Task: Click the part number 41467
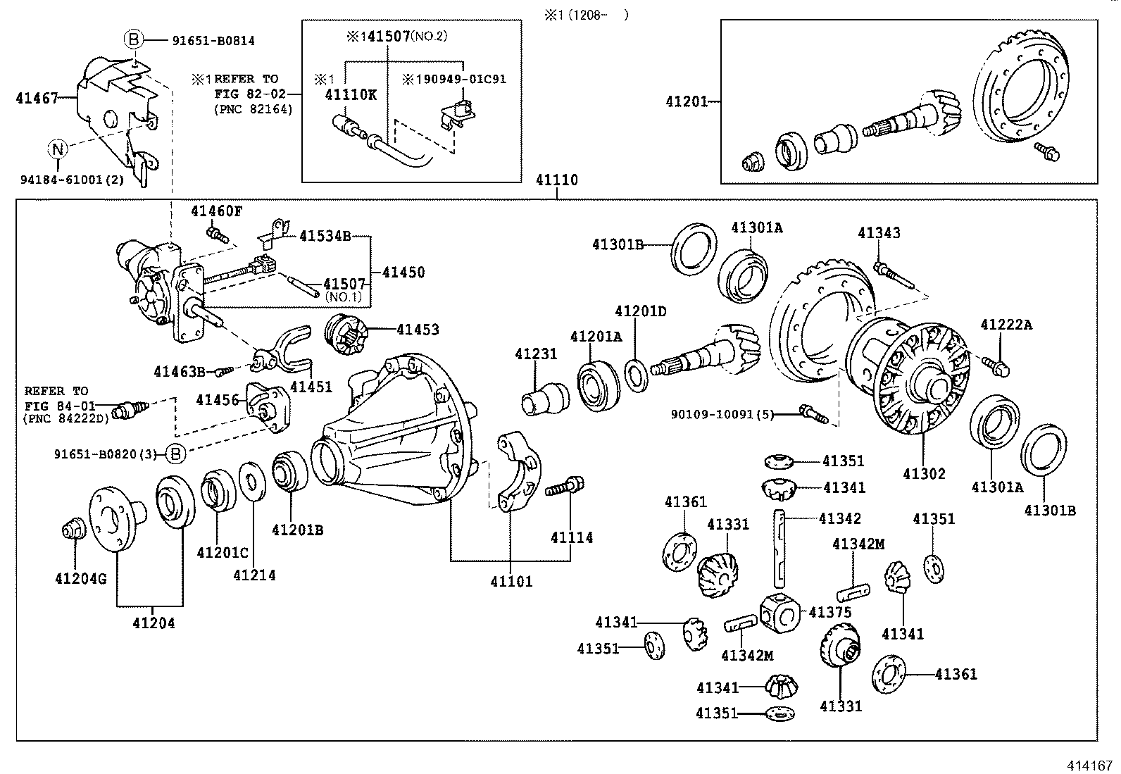[37, 99]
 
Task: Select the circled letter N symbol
[58, 149]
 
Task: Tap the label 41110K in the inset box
[351, 94]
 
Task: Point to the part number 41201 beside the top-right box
[687, 101]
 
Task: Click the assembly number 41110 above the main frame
[556, 180]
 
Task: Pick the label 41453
[418, 329]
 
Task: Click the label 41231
[535, 354]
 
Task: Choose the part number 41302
[924, 474]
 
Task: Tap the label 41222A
[1006, 325]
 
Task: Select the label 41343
[879, 233]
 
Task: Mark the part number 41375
[831, 613]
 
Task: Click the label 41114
[572, 538]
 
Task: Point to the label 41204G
[80, 579]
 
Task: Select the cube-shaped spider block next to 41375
[779, 611]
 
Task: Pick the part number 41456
[218, 400]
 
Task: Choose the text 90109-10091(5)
[722, 415]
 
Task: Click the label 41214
[254, 575]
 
